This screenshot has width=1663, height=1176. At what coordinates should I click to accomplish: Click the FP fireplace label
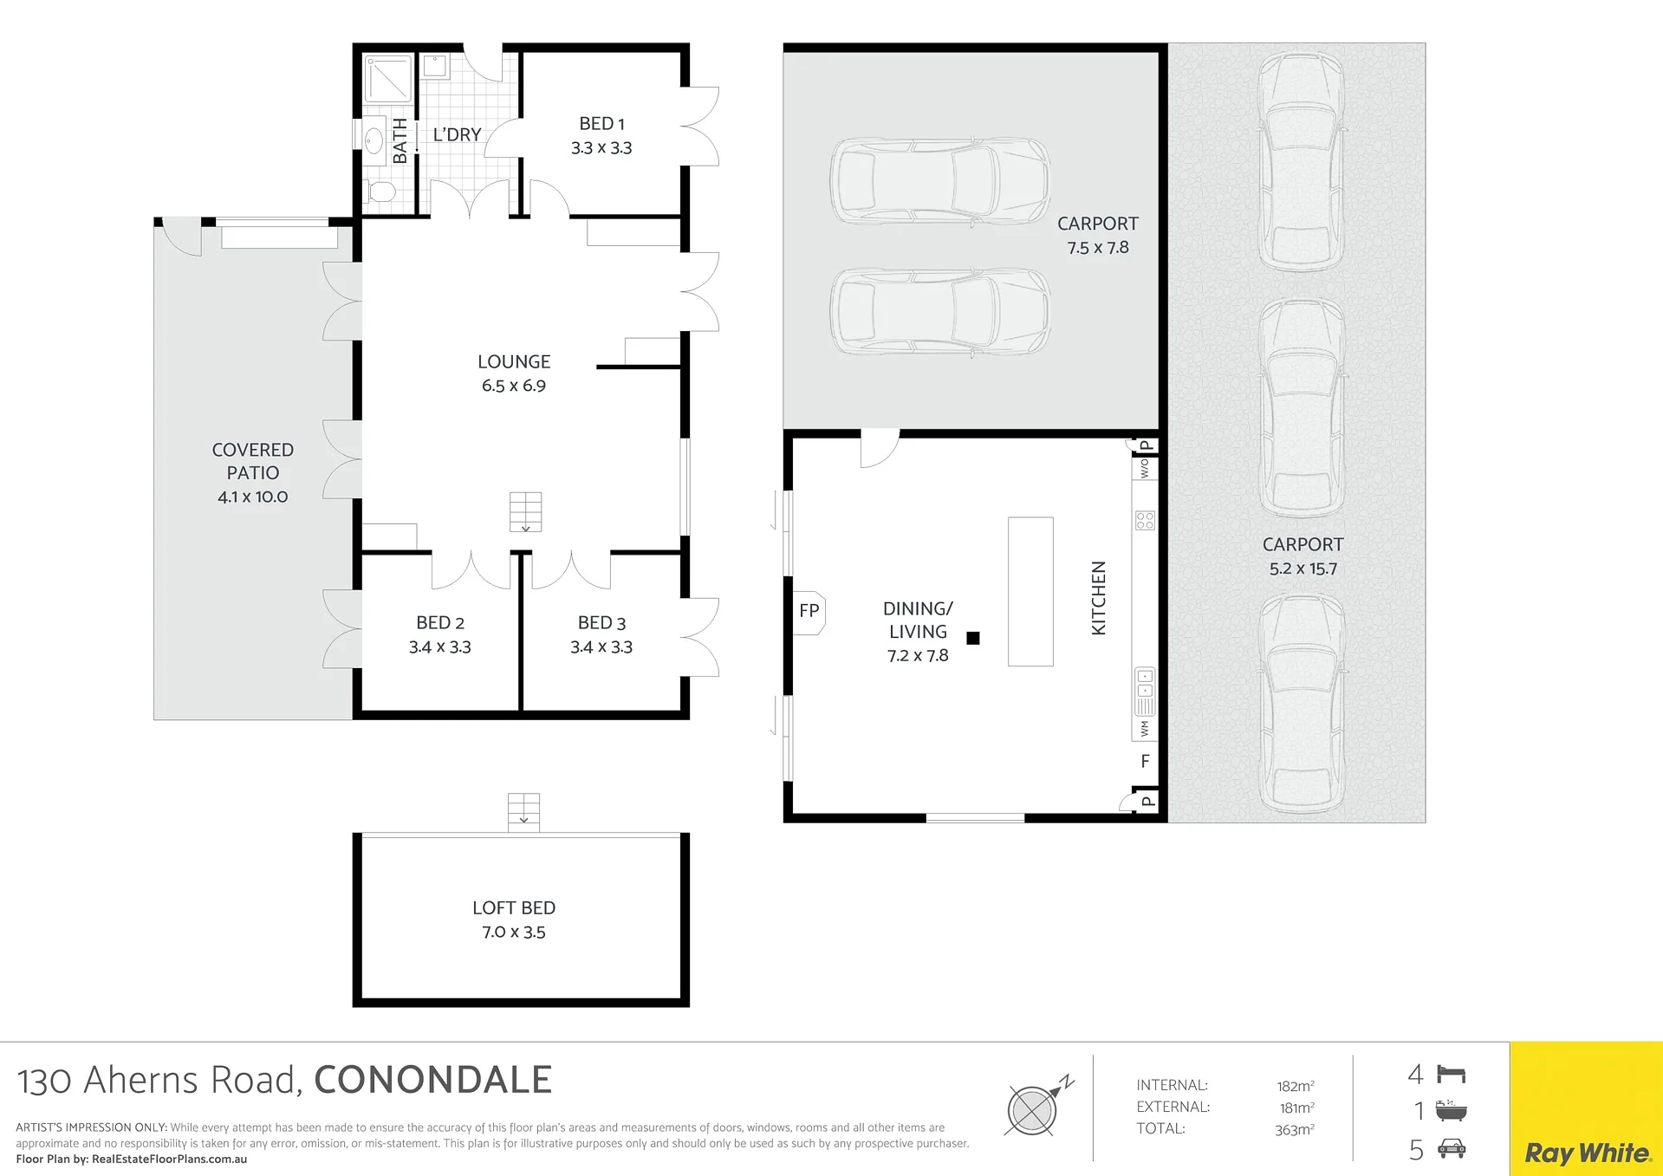pos(809,611)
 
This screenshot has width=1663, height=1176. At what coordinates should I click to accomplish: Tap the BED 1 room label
pos(601,124)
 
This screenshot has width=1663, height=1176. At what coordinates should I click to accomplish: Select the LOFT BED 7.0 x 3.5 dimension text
pos(514,932)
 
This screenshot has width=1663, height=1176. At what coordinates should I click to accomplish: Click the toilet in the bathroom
pos(380,192)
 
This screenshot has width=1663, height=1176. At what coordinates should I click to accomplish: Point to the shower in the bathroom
pos(387,79)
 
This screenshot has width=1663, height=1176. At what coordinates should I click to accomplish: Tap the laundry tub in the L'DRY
pos(434,67)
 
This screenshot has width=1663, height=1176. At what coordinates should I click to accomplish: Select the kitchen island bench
pos(1030,592)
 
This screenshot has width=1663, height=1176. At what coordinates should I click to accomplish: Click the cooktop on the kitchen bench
pos(1145,520)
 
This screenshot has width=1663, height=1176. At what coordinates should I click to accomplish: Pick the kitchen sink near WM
pos(1145,691)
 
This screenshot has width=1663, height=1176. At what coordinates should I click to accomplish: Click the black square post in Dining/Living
pos(973,638)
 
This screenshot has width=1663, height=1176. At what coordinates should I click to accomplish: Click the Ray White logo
pos(1587,1153)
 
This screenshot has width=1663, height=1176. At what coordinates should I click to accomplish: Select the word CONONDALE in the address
pos(432,1080)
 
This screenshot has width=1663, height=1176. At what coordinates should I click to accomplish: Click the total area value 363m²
pos(1295,1129)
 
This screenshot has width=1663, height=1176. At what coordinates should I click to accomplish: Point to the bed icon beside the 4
pos(1451,1075)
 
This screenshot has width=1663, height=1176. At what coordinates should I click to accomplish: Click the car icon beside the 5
pos(1452,1149)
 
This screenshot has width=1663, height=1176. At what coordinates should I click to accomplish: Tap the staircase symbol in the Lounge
pos(525,511)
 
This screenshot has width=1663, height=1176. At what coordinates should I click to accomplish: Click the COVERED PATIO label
pos(252,461)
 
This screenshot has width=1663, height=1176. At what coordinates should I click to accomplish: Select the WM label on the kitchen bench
pos(1145,729)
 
